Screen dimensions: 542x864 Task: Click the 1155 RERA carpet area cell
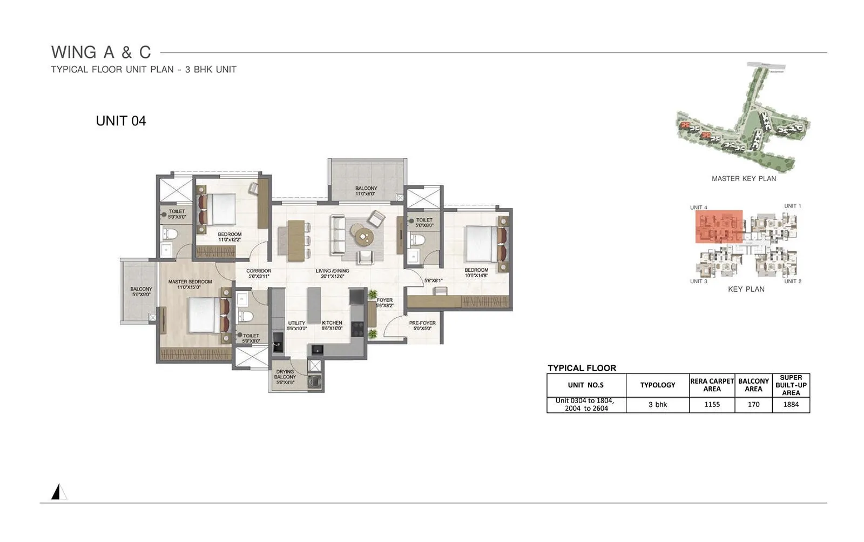click(712, 405)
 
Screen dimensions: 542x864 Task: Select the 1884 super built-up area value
click(791, 405)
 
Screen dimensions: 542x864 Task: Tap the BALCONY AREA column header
click(753, 385)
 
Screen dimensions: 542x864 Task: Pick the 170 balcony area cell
click(753, 405)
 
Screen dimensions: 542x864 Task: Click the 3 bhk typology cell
click(657, 405)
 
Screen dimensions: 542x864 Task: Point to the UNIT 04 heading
click(121, 121)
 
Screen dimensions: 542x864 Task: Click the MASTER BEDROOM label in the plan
click(190, 282)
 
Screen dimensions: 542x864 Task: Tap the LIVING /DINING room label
click(333, 271)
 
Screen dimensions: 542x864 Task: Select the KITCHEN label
click(332, 323)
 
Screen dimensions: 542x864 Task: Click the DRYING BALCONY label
click(285, 374)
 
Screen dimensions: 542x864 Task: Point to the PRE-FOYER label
click(422, 323)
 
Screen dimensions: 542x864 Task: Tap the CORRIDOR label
click(259, 271)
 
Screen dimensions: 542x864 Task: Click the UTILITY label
click(296, 323)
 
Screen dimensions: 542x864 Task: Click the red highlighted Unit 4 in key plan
click(719, 226)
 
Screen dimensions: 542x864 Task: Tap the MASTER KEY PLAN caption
click(744, 179)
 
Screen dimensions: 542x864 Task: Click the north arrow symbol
click(58, 492)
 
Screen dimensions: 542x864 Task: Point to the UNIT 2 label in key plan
click(792, 282)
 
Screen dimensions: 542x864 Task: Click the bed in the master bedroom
click(204, 316)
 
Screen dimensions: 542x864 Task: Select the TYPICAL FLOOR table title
click(582, 368)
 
